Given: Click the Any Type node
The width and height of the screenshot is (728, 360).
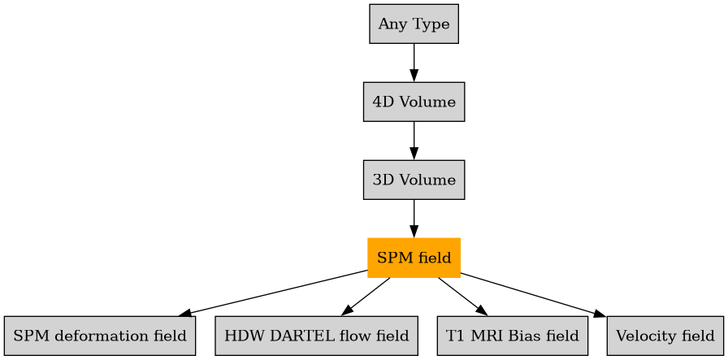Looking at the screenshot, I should (414, 24).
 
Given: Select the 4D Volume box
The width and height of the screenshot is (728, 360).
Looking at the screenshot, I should (414, 102).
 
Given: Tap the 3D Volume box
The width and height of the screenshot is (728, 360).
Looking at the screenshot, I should (414, 180).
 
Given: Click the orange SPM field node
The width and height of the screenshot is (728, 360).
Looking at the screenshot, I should (414, 258).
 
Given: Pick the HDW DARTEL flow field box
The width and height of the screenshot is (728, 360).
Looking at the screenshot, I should (316, 336).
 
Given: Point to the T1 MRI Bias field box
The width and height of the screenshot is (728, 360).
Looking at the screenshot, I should (512, 336).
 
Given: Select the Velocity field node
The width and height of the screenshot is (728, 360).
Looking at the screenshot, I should (665, 336).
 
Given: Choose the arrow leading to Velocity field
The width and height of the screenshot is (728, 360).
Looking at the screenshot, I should (532, 295).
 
